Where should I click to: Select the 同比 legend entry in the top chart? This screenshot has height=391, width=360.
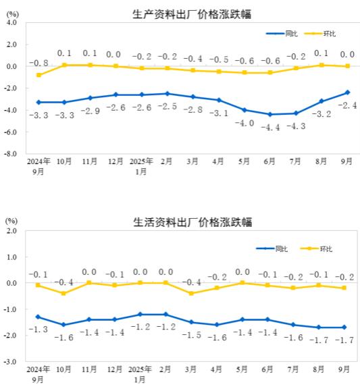point(283,33)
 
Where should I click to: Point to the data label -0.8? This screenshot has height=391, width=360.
point(38,63)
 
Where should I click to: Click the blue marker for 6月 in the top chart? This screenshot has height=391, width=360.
point(270,114)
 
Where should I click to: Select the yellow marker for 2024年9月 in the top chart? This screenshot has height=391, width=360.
point(38,75)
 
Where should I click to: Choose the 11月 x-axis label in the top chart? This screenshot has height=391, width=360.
point(90,162)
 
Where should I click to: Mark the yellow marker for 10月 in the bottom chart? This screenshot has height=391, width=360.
point(63,293)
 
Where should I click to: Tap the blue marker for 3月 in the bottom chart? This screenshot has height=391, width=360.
point(192,322)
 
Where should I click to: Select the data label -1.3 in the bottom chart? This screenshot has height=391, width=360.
point(38,329)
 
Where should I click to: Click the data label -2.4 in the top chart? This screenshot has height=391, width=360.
point(347,105)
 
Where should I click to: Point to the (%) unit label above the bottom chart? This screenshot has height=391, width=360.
point(11,220)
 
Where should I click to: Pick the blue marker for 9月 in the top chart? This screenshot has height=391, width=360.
point(347,93)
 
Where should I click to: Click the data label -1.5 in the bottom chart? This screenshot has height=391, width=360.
point(192,335)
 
